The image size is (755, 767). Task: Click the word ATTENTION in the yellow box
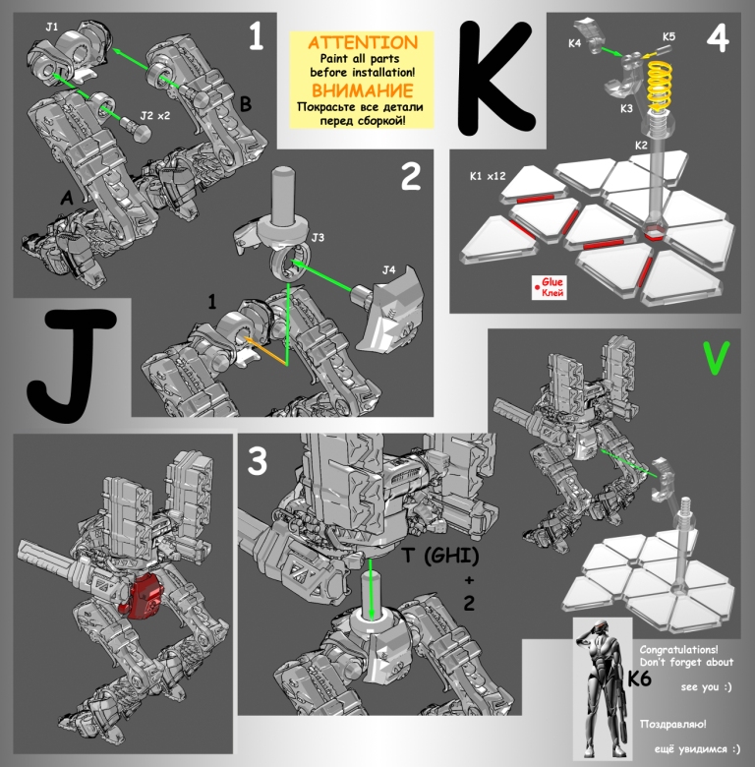363,42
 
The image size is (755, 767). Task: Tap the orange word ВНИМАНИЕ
363,91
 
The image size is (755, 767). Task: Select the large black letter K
494,79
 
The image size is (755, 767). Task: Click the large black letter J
74,366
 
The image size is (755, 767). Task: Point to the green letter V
716,358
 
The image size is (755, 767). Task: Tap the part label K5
668,36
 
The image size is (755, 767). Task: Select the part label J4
388,270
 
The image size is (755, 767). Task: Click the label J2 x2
155,116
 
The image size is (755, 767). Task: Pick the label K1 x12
488,176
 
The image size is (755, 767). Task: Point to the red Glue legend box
550,287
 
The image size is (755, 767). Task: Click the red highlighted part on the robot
144,596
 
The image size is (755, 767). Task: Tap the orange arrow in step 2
265,350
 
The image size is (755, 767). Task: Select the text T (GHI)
440,556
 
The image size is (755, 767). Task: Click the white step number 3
258,461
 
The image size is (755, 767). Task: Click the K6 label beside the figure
640,678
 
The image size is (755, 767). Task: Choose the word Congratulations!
678,650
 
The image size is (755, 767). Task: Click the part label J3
318,237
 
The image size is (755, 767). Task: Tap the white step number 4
718,38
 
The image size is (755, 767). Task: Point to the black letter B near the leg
246,104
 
